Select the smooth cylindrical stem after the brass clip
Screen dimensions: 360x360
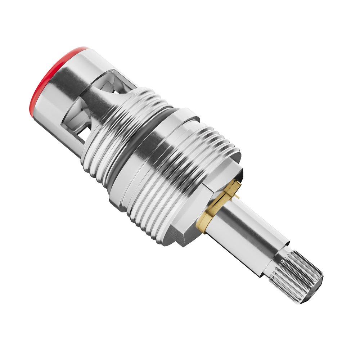point(245,227)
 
